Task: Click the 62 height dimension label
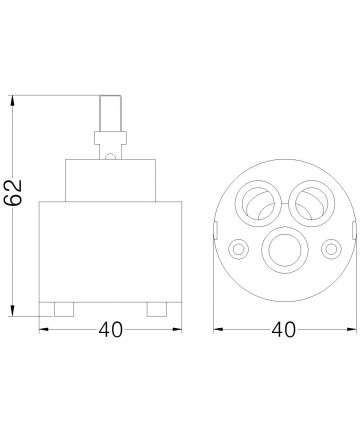click(x=13, y=192)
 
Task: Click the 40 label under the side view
click(x=111, y=330)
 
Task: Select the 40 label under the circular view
click(x=283, y=330)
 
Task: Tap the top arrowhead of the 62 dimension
click(x=13, y=101)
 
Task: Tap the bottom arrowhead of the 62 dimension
click(x=13, y=311)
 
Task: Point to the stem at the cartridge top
click(x=111, y=113)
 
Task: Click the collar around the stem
click(x=110, y=138)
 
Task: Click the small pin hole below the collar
click(x=109, y=157)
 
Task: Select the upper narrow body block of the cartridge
click(x=110, y=180)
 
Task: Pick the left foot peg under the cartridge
click(x=64, y=309)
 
